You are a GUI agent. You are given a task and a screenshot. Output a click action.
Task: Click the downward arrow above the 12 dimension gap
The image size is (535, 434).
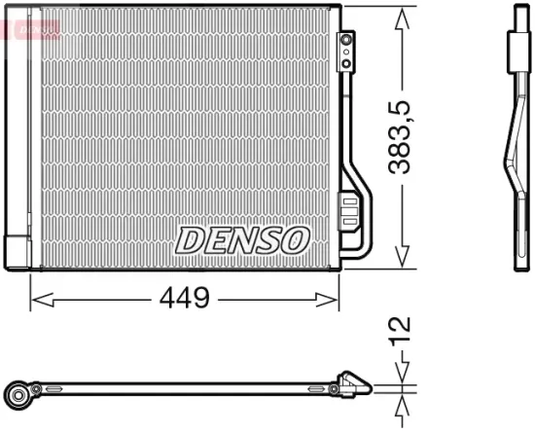402,374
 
